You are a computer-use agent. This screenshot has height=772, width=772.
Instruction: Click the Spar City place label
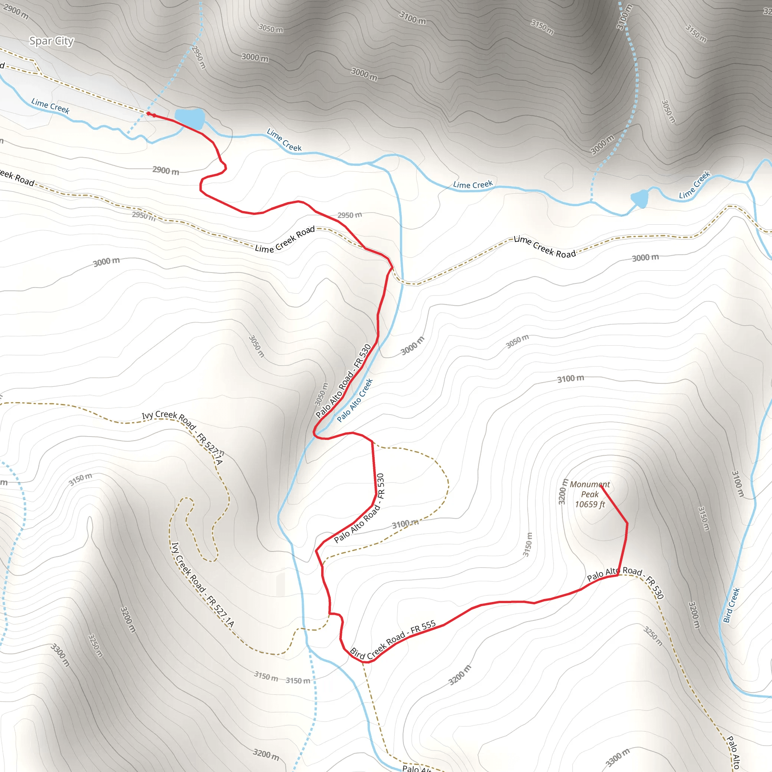click(x=52, y=41)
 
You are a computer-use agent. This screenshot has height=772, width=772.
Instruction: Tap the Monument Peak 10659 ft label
click(x=590, y=494)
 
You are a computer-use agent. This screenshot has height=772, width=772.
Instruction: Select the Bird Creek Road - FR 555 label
click(x=392, y=640)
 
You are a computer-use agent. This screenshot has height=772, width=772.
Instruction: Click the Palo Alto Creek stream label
click(x=354, y=400)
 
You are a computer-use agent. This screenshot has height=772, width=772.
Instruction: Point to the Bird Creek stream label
click(x=731, y=605)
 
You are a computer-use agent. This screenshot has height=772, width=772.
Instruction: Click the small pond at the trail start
click(x=190, y=118)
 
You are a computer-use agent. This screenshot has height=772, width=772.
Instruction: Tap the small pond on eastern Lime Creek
click(x=640, y=198)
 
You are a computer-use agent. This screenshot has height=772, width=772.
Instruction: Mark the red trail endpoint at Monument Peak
click(x=601, y=486)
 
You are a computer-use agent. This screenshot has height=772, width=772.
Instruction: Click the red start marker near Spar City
click(x=149, y=114)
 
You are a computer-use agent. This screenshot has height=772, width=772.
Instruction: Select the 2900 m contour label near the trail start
click(x=166, y=171)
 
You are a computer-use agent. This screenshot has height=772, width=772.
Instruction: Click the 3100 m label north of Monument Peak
click(x=571, y=378)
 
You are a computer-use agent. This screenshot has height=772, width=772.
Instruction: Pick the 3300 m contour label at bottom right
click(x=617, y=757)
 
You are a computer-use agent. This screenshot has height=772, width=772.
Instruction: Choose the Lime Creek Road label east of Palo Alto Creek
click(x=545, y=247)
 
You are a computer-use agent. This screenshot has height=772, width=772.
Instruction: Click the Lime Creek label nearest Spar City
click(x=51, y=106)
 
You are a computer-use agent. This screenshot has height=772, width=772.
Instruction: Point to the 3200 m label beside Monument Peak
click(x=563, y=492)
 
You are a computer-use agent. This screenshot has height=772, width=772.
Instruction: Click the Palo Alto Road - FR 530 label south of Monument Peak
click(x=625, y=582)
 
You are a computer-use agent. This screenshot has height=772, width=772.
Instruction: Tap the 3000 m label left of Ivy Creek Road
click(x=106, y=262)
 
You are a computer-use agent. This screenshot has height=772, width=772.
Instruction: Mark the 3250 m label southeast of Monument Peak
click(x=653, y=636)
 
